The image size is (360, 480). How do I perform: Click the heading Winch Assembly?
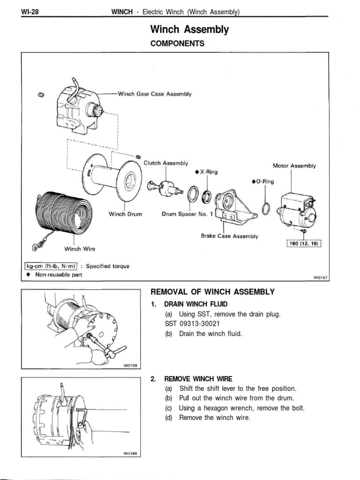tap(189, 30)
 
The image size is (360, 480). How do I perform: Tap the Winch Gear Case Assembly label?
tap(154, 94)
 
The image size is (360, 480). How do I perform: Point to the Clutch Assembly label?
tap(165, 163)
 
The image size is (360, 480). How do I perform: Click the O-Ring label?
tap(262, 181)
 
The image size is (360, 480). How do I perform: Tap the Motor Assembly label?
tap(294, 166)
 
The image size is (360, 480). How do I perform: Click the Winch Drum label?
tap(125, 214)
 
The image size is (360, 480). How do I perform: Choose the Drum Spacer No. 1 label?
tap(187, 214)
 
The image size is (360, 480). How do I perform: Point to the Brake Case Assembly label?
tap(229, 236)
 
